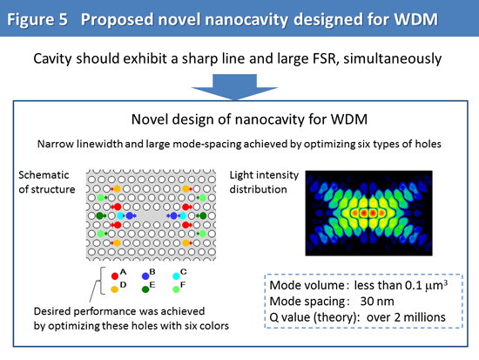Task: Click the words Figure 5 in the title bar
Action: (x=37, y=19)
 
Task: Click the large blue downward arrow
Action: (x=234, y=87)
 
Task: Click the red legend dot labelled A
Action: (x=115, y=276)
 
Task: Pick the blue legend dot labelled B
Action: (x=145, y=276)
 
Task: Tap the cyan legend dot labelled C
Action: (x=176, y=276)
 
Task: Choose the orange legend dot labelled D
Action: (x=115, y=289)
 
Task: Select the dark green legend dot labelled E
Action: (x=145, y=289)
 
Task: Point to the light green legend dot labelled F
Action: (x=176, y=289)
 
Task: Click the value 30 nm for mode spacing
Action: (x=377, y=302)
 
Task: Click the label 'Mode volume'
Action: (x=307, y=285)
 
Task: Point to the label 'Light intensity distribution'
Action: (x=264, y=182)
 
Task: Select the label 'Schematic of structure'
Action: (x=47, y=182)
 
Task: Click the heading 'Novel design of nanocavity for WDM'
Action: (x=249, y=119)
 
